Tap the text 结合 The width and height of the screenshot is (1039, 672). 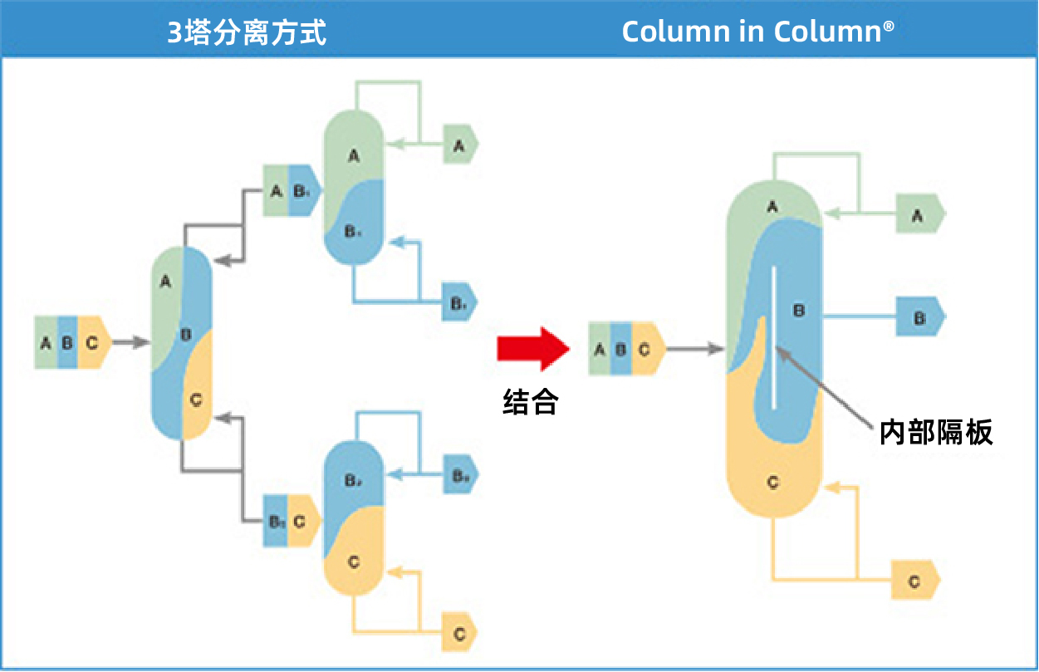click(531, 403)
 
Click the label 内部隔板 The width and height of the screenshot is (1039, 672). click(936, 432)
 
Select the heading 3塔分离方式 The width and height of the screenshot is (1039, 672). click(247, 32)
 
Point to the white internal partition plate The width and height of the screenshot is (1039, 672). click(774, 337)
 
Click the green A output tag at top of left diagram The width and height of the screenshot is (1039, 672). click(459, 145)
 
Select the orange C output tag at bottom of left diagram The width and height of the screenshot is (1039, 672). click(459, 634)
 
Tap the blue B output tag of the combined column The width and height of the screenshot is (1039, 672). click(919, 318)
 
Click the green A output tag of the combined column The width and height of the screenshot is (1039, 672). click(919, 215)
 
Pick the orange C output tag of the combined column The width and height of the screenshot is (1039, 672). click(914, 581)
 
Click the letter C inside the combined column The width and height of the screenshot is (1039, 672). click(773, 483)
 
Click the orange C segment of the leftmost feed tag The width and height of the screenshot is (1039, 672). click(93, 342)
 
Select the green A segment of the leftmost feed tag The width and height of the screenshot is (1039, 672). click(46, 342)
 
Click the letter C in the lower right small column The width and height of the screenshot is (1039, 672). click(354, 562)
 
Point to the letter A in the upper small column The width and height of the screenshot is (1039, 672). click(353, 155)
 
